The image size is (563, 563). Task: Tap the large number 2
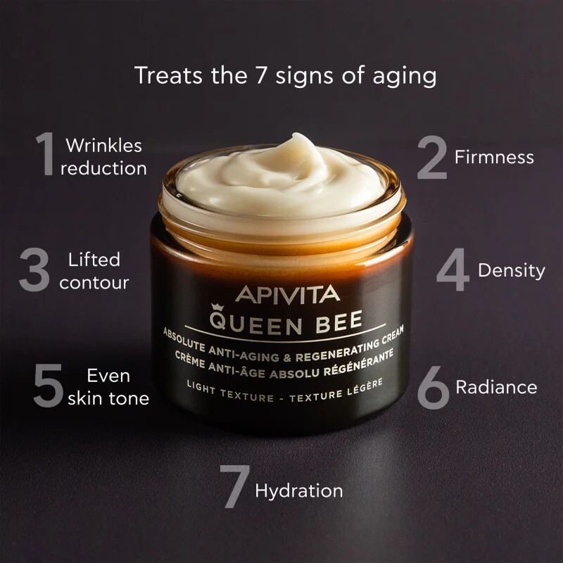[x=431, y=158]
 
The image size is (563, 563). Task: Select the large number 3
[x=34, y=270]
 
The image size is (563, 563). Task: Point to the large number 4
[x=453, y=270]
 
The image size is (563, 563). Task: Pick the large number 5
[x=49, y=386]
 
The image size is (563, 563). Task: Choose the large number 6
[x=433, y=387]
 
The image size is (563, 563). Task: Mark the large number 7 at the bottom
[x=234, y=487]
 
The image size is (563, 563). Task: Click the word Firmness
[x=494, y=157]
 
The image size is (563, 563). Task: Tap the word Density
[x=512, y=270]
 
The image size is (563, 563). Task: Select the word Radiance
[x=496, y=386]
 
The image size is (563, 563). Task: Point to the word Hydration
[x=299, y=491]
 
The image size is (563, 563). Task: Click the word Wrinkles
[x=103, y=146]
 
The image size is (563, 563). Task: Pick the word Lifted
[x=94, y=260]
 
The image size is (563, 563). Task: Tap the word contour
[x=94, y=283]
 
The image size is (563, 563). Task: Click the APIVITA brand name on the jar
[x=287, y=294]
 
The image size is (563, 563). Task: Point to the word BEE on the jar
[x=336, y=321]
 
